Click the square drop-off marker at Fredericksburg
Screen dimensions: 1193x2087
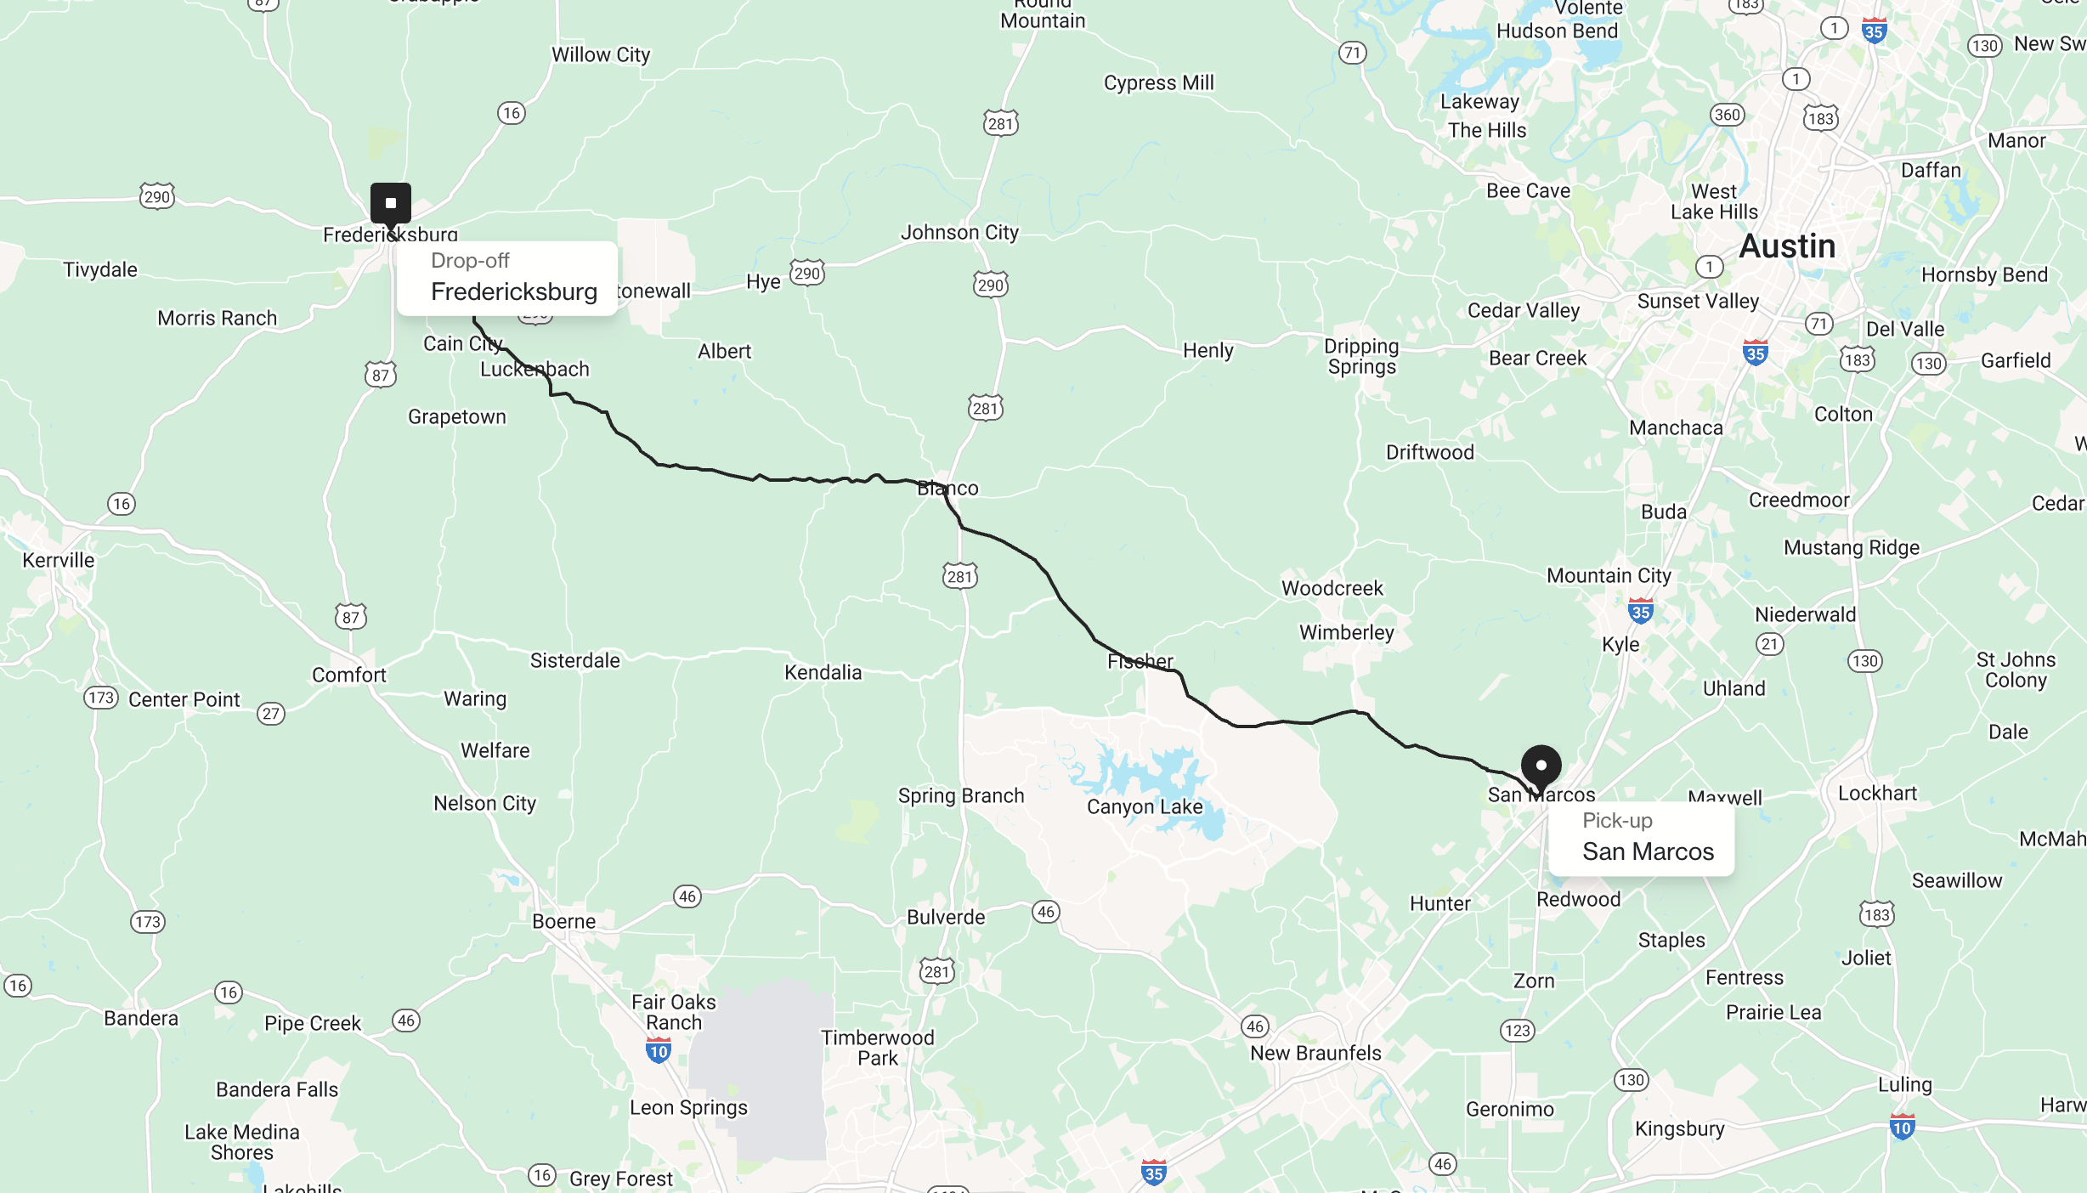pyautogui.click(x=391, y=203)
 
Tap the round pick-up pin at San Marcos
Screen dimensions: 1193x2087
pyautogui.click(x=1541, y=766)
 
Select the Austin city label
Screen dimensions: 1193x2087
pyautogui.click(x=1787, y=246)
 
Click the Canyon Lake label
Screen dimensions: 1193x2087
pyautogui.click(x=1145, y=806)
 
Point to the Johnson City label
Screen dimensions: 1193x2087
pyautogui.click(x=959, y=232)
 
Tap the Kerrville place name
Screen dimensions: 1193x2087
pyautogui.click(x=59, y=560)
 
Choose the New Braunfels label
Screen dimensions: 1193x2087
pyautogui.click(x=1315, y=1053)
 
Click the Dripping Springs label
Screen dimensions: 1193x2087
pyautogui.click(x=1361, y=356)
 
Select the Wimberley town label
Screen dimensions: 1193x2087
pyautogui.click(x=1346, y=632)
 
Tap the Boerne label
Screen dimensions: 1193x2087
pyautogui.click(x=563, y=921)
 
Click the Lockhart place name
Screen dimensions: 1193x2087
pyautogui.click(x=1877, y=793)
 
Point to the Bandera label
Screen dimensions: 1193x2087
pyautogui.click(x=141, y=1018)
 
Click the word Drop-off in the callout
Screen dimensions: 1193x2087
pyautogui.click(x=470, y=261)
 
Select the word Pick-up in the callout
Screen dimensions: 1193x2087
pyautogui.click(x=1617, y=821)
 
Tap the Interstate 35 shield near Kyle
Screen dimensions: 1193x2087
pyautogui.click(x=1640, y=611)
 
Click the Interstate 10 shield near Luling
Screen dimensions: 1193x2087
pyautogui.click(x=1902, y=1127)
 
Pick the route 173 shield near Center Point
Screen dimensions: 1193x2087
pyautogui.click(x=101, y=698)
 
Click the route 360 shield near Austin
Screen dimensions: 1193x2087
pyautogui.click(x=1727, y=115)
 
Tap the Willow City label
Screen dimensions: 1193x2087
pyautogui.click(x=601, y=55)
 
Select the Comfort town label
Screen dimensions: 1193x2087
pyautogui.click(x=348, y=675)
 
